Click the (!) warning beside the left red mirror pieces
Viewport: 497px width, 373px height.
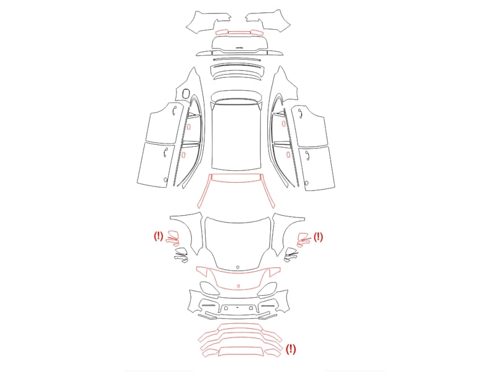(x=158, y=236)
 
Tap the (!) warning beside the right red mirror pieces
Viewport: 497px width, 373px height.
(x=318, y=237)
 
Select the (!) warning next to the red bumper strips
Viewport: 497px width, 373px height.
(x=291, y=349)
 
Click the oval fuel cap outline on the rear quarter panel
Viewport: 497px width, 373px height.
(x=186, y=93)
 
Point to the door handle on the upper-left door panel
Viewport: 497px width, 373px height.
(x=173, y=111)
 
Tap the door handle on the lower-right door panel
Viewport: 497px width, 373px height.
(x=307, y=155)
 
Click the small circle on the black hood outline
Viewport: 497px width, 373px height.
(x=238, y=267)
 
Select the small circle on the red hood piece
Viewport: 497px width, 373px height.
(x=239, y=286)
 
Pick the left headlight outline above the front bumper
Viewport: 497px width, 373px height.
(x=209, y=288)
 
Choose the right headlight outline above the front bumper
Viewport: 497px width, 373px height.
(x=267, y=289)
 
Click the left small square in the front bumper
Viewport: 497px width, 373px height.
(x=226, y=308)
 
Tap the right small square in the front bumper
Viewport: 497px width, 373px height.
(x=251, y=308)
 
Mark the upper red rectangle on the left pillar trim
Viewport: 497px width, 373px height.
(x=189, y=127)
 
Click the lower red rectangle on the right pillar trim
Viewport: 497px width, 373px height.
(x=288, y=154)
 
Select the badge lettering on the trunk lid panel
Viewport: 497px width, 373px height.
(x=240, y=48)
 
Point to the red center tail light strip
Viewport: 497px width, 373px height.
(x=239, y=32)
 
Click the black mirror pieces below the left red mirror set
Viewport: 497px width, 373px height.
(x=181, y=256)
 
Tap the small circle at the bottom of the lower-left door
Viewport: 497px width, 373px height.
(x=165, y=180)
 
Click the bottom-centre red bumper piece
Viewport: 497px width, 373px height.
(x=241, y=351)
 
